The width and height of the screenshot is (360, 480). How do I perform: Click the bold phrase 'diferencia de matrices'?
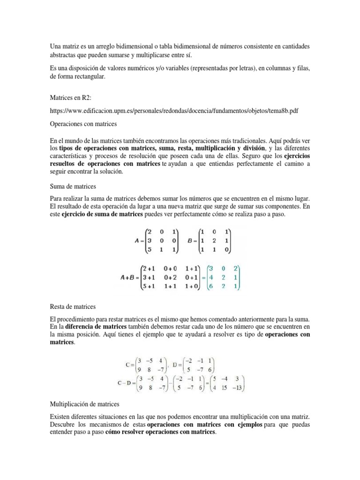pos(96,326)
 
